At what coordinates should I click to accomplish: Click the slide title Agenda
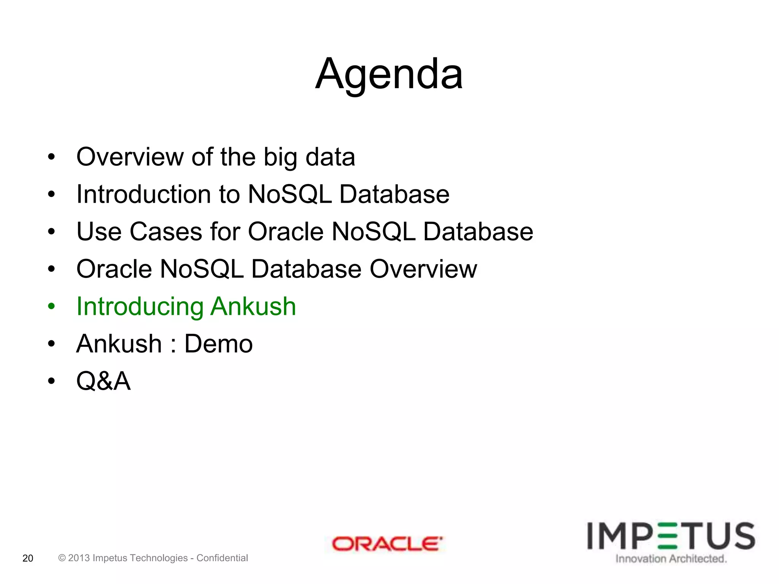coord(389,74)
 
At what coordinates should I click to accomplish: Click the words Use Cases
coord(139,232)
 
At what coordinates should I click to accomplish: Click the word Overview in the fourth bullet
coord(423,269)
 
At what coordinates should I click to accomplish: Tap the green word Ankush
coord(253,306)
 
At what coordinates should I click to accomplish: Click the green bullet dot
coord(51,306)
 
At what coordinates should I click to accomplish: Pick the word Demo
coord(218,344)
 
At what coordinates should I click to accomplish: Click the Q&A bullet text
coord(103,381)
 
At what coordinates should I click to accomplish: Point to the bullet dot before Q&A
coord(51,381)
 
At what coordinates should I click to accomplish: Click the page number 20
coord(28,558)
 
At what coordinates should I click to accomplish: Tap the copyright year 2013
coord(79,558)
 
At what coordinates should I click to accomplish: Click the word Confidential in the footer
coord(222,558)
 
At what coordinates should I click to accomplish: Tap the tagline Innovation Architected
coord(671,559)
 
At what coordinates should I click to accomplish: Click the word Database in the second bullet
coord(394,194)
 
